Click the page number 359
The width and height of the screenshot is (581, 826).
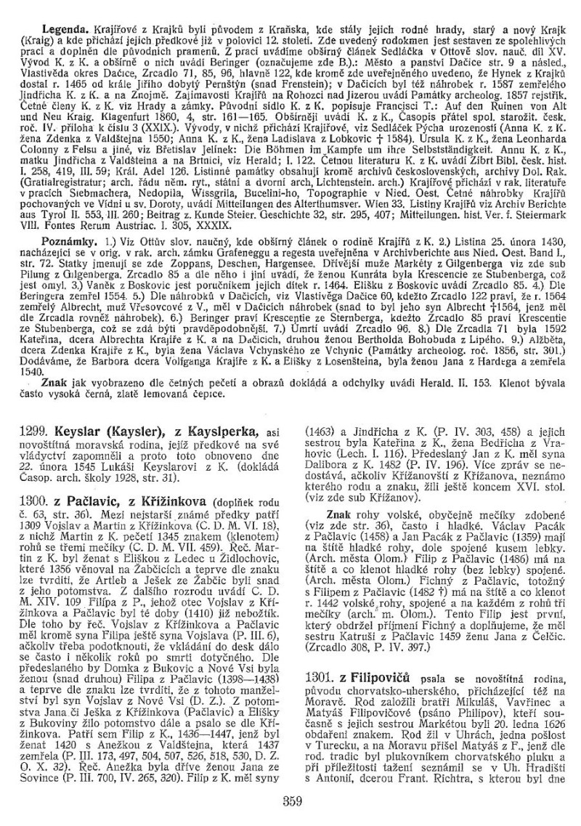click(290, 803)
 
